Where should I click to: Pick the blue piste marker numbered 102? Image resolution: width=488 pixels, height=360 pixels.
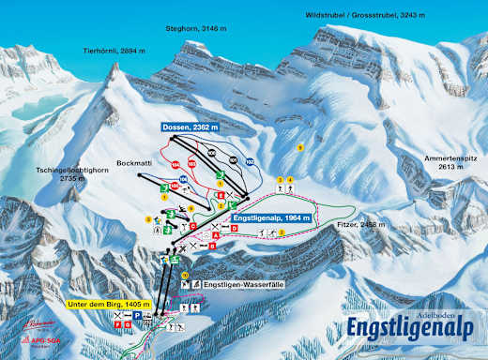(250, 162)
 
